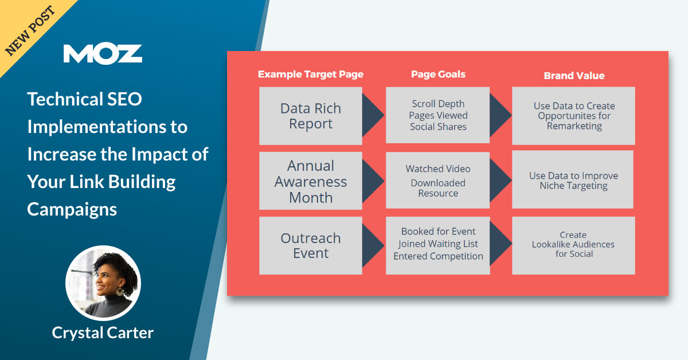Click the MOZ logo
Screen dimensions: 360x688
pos(103,53)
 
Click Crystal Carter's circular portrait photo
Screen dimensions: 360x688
pos(103,283)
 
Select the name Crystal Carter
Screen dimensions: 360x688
pos(103,332)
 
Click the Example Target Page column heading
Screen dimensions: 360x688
pos(310,75)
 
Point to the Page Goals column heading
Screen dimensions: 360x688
pos(438,75)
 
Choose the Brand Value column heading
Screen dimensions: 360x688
pos(574,76)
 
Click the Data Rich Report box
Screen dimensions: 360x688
pos(310,116)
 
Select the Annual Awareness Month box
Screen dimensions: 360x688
pos(310,181)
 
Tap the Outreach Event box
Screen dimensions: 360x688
pos(310,245)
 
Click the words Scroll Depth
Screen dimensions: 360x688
pos(438,104)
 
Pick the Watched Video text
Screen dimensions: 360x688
pos(438,169)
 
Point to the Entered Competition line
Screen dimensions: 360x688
pos(438,256)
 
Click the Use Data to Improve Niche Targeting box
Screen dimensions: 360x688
pos(573,180)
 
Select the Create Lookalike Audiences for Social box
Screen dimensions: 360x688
pos(573,245)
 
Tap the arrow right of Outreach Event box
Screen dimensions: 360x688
pos(373,245)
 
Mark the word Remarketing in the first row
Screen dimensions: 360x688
pos(574,126)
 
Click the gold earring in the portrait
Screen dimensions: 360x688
pos(120,292)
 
